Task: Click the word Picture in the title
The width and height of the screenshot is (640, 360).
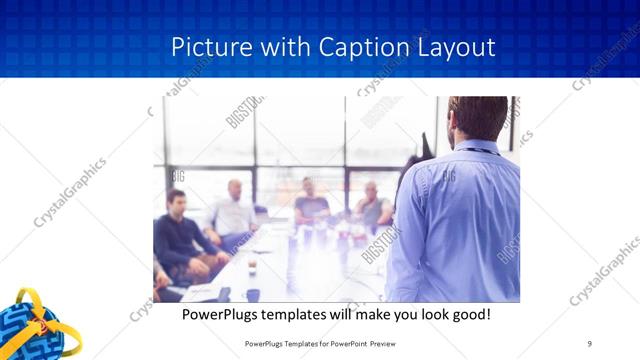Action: point(204,47)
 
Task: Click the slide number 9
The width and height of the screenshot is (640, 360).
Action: point(590,343)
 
